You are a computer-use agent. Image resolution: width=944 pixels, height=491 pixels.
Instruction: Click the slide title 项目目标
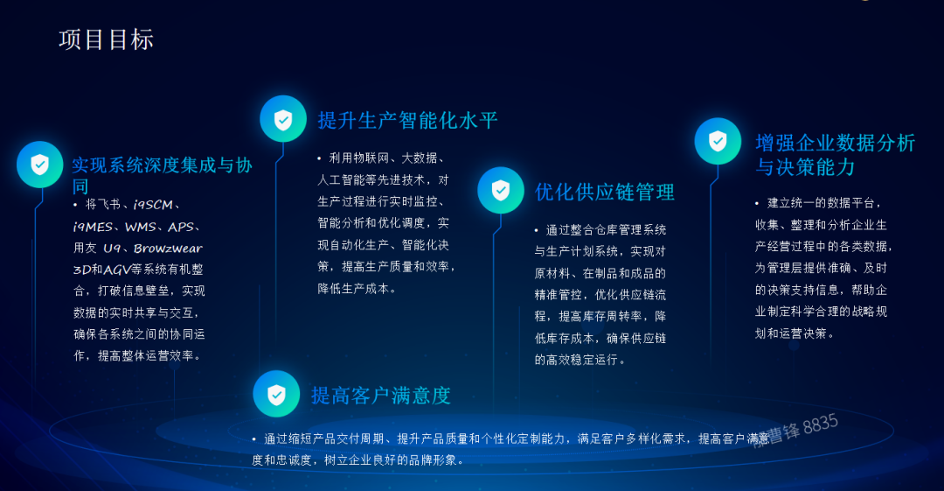pyautogui.click(x=106, y=39)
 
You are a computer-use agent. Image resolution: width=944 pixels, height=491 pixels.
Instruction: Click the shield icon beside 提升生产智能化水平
pyautogui.click(x=283, y=119)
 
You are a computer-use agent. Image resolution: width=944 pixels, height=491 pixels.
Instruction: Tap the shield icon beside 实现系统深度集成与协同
pyautogui.click(x=39, y=165)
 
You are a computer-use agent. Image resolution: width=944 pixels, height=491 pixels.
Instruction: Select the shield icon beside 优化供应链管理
pyautogui.click(x=500, y=190)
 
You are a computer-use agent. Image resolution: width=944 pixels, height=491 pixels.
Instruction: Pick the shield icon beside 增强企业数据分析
pyautogui.click(x=718, y=141)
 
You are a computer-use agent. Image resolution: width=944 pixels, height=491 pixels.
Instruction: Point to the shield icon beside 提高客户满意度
pyautogui.click(x=276, y=394)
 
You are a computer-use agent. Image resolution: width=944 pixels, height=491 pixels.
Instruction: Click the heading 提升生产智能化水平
pyautogui.click(x=407, y=120)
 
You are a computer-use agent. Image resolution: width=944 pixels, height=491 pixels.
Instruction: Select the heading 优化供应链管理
pyautogui.click(x=605, y=192)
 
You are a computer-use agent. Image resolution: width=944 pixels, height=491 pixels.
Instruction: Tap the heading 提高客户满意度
pyautogui.click(x=381, y=396)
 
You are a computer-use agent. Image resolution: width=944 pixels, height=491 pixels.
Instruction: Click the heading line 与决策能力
pyautogui.click(x=804, y=166)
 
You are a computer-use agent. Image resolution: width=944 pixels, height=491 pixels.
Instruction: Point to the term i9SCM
pyautogui.click(x=153, y=205)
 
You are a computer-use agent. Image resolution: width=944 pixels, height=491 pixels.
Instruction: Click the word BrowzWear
pyautogui.click(x=168, y=249)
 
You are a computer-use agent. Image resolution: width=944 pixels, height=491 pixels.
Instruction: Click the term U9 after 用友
pyautogui.click(x=111, y=249)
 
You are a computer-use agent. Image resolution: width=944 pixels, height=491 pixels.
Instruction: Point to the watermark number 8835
pyautogui.click(x=820, y=424)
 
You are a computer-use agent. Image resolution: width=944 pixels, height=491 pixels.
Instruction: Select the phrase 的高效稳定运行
pyautogui.click(x=579, y=360)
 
